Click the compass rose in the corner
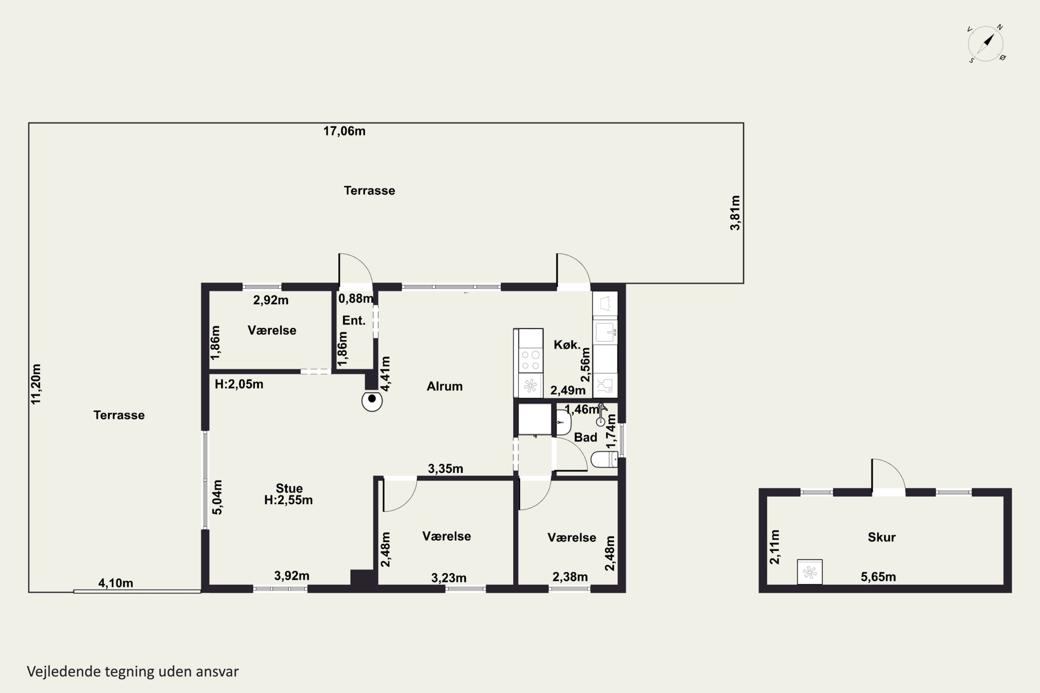986,44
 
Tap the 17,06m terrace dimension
345,131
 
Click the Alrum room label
444,386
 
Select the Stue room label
289,488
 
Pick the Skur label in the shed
882,537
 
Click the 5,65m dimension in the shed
878,577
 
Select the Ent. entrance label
354,321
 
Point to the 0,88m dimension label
356,299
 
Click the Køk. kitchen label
567,345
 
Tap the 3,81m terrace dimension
735,213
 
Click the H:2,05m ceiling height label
239,384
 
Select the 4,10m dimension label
115,583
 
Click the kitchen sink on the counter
605,332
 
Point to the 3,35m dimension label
445,468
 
